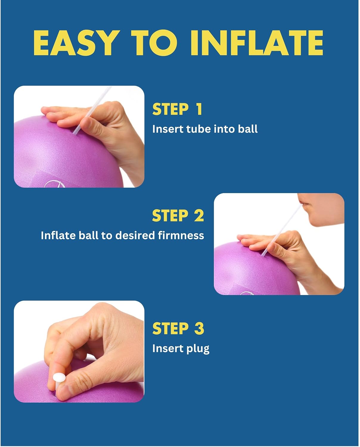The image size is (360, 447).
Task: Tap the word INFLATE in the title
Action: [x=257, y=43]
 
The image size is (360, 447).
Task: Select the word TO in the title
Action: [x=154, y=43]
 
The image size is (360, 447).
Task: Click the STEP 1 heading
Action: [x=177, y=109]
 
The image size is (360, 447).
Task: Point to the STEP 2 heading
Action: [x=178, y=215]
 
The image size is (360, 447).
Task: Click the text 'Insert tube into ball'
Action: [x=205, y=129]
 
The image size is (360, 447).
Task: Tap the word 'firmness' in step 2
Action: [x=181, y=235]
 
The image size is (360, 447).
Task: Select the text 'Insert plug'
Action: [x=181, y=349]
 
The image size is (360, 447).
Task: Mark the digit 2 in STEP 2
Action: [x=199, y=215]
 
